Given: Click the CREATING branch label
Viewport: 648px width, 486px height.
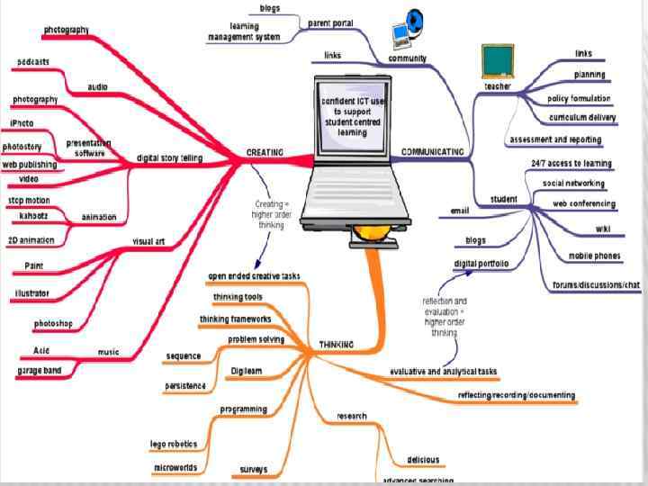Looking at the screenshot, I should coord(265,152).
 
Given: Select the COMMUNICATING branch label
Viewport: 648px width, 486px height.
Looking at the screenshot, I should coord(432,152).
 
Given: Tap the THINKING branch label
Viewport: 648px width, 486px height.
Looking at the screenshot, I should coord(337,344).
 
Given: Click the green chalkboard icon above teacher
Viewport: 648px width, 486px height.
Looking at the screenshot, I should coord(498,61).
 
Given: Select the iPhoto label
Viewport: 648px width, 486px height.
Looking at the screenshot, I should coord(23,122).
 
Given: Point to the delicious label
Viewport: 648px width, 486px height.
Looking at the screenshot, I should coord(423,460).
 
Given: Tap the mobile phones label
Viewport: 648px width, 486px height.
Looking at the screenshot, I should coord(594,256).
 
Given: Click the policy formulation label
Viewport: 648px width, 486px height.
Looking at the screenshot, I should coord(579,98).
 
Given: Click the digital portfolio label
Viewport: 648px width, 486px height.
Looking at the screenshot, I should coord(481,264).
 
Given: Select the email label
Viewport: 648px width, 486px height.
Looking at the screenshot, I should coord(460,211).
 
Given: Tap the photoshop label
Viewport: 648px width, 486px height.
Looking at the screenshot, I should coord(53,323).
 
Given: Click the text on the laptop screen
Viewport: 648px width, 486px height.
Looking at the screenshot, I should coord(352,116).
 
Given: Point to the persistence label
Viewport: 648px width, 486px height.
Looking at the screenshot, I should coord(185,385).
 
